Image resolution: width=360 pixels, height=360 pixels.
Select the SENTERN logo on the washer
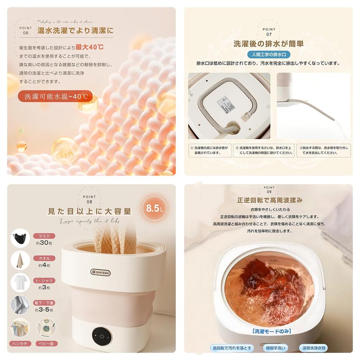coord(100,272)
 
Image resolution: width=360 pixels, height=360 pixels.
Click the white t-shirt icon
coord(20,283)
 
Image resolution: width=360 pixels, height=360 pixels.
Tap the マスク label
coord(44,236)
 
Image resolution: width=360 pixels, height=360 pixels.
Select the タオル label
coord(44,258)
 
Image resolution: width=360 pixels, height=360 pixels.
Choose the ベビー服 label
coord(46,343)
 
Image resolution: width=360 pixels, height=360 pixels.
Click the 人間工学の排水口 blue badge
coord(269,54)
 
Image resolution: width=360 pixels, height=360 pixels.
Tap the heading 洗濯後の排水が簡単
coord(269,44)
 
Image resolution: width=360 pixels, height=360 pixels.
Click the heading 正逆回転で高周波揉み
coord(270,200)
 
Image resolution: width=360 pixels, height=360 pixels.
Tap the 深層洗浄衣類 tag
coord(313,348)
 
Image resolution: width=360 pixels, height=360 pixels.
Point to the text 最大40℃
coord(89,47)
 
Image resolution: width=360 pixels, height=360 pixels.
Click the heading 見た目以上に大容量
coord(90,211)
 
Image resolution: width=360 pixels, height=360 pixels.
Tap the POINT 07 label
coord(269,32)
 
